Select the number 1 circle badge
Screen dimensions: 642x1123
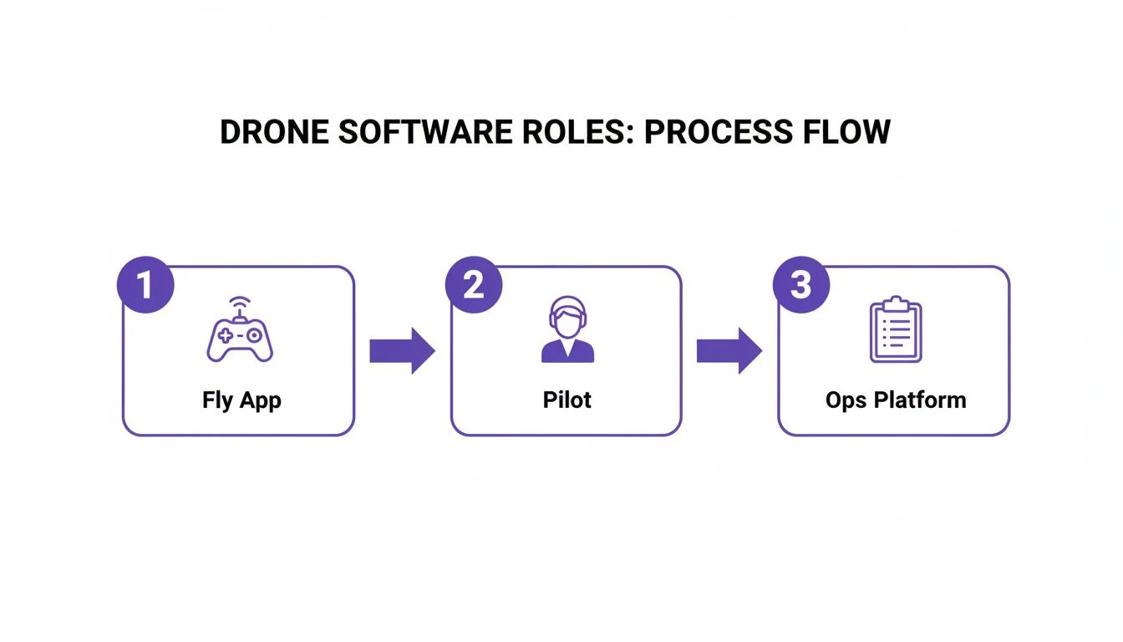pos(145,285)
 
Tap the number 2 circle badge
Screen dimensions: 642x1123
pos(473,285)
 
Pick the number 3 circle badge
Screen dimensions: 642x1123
pos(800,285)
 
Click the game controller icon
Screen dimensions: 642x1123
pos(239,338)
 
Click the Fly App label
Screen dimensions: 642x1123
pos(241,400)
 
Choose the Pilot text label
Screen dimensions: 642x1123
pos(567,400)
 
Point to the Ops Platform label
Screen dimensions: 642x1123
pos(896,400)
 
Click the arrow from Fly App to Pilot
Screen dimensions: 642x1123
pos(402,351)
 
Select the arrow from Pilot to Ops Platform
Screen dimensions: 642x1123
pos(729,351)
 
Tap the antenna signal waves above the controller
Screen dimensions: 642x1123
pos(240,303)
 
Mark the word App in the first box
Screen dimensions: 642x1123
pos(262,401)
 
